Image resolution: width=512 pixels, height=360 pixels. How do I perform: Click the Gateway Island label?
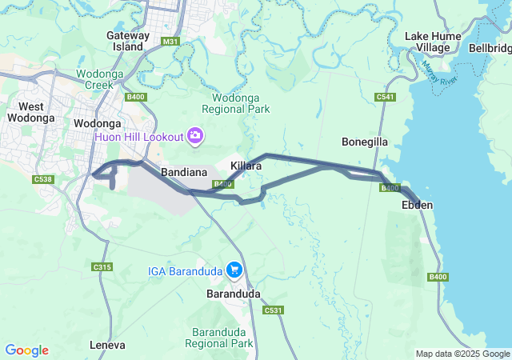pyautogui.click(x=128, y=41)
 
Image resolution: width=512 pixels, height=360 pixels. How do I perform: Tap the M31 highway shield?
pyautogui.click(x=170, y=41)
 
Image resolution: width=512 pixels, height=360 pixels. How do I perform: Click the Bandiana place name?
pyautogui.click(x=185, y=172)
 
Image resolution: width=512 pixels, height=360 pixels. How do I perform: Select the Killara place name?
pyautogui.click(x=246, y=166)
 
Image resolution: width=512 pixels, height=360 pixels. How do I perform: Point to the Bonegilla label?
pyautogui.click(x=365, y=142)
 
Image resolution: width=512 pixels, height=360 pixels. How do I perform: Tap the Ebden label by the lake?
pyautogui.click(x=417, y=206)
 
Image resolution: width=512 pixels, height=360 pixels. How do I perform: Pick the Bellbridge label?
pyautogui.click(x=490, y=48)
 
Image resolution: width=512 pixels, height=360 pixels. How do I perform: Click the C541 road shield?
pyautogui.click(x=386, y=97)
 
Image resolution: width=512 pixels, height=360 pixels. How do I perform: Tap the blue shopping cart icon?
pyautogui.click(x=234, y=270)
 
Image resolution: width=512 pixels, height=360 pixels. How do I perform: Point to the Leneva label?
pyautogui.click(x=110, y=346)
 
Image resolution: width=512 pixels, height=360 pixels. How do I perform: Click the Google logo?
pyautogui.click(x=26, y=350)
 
